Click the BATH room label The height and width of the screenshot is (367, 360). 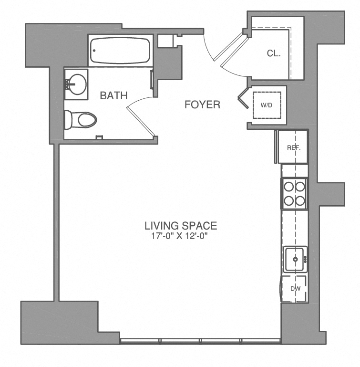click(x=113, y=95)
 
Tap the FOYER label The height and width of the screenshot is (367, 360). click(x=202, y=105)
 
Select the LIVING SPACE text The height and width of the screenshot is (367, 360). click(x=181, y=225)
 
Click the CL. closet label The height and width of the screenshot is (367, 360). click(x=274, y=53)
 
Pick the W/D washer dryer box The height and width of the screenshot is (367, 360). click(x=267, y=105)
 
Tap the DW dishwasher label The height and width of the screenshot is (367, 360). click(x=295, y=288)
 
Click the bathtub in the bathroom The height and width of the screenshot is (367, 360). click(x=120, y=51)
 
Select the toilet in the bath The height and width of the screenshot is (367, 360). click(x=81, y=119)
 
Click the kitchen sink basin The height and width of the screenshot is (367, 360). click(x=295, y=260)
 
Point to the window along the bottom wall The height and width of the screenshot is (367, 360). click(x=200, y=340)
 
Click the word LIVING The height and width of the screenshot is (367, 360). click(x=162, y=225)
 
